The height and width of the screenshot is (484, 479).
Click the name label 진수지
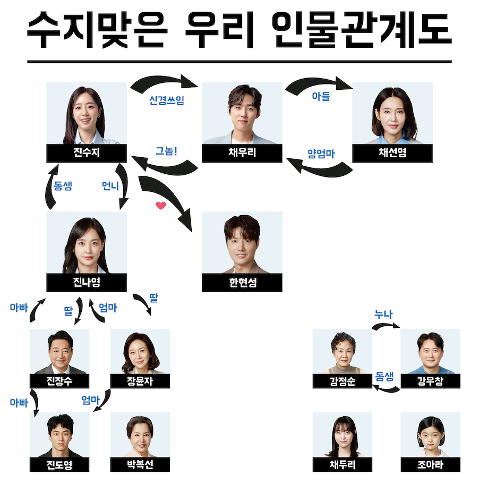(x=87, y=153)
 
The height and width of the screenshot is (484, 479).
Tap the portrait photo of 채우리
(x=242, y=113)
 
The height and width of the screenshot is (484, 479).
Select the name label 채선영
(x=392, y=153)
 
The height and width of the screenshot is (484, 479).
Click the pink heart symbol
(x=161, y=205)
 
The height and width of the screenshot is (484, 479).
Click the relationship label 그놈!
(x=166, y=150)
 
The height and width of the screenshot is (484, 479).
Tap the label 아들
(x=320, y=96)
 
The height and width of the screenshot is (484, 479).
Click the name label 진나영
(x=87, y=283)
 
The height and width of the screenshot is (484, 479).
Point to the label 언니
(x=110, y=186)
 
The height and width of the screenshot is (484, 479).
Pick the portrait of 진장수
(x=59, y=351)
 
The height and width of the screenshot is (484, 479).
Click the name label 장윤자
(x=140, y=381)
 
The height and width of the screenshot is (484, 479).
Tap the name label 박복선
(x=140, y=465)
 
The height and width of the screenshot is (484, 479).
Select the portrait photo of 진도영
(x=59, y=435)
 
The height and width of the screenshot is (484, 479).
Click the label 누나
(x=383, y=315)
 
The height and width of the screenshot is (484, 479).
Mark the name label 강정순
(x=342, y=381)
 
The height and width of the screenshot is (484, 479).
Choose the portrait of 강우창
(x=430, y=351)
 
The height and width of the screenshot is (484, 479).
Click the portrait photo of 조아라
(x=430, y=435)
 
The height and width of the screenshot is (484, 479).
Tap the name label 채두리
(x=342, y=465)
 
